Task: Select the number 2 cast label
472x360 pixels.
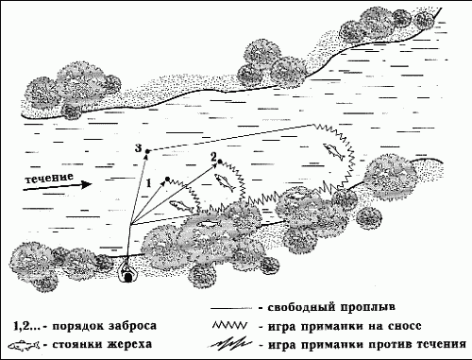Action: (x=214, y=154)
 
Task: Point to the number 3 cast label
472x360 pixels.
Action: (x=138, y=149)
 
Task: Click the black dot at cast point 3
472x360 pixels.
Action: (x=149, y=150)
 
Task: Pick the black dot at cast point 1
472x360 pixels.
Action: (x=167, y=178)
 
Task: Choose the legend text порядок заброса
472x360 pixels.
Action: (x=105, y=325)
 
